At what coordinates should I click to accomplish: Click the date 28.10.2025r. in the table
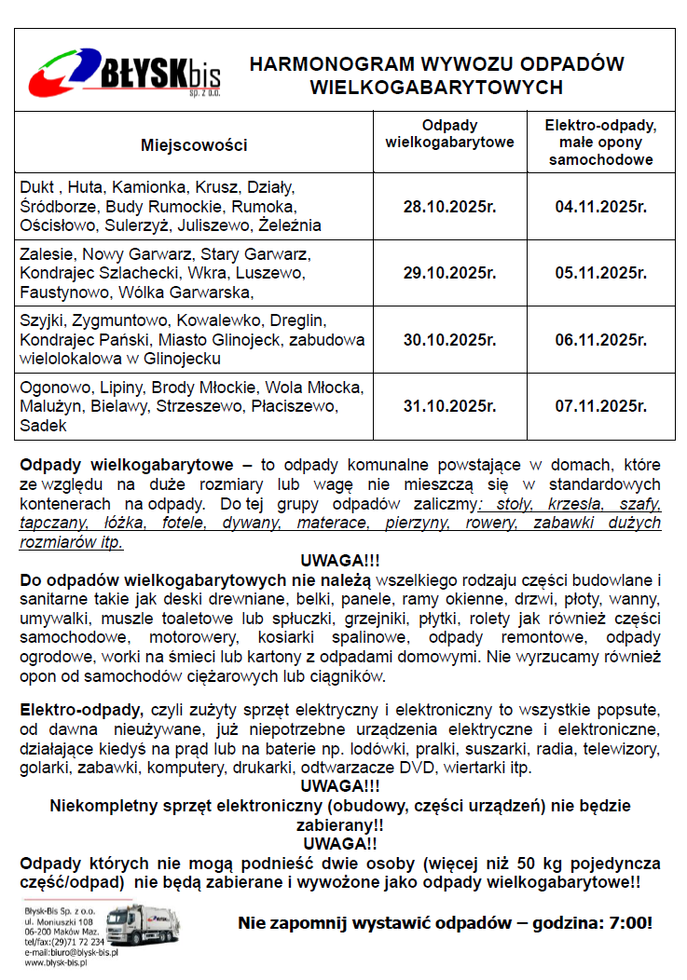coord(449,206)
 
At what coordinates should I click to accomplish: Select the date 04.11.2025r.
coord(600,206)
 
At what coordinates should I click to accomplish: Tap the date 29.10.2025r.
coord(449,273)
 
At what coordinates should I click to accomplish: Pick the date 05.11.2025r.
coord(600,273)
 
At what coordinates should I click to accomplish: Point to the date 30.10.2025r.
coord(449,340)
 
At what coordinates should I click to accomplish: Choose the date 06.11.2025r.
coord(600,340)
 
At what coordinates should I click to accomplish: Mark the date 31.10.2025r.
coord(449,406)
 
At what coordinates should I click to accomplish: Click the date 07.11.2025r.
coord(600,406)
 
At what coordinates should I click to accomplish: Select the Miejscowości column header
coord(194,144)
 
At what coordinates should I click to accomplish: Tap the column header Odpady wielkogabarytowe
coord(449,134)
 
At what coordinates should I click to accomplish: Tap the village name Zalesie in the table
coord(47,253)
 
